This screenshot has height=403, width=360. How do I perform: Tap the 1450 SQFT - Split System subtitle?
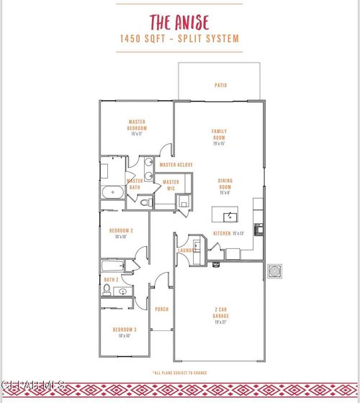point(179,40)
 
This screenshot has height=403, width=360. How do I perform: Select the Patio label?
point(221,86)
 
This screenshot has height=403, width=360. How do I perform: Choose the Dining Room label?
point(226,185)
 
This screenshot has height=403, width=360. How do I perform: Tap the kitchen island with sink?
point(231,216)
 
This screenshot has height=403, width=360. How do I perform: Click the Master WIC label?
point(171,185)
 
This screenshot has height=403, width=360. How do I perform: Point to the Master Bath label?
point(135,184)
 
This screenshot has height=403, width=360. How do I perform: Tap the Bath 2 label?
point(111,279)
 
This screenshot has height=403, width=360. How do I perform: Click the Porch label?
point(162,309)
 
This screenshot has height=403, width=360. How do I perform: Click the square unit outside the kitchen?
point(275,271)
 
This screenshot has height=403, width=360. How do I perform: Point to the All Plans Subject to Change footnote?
point(179,372)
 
